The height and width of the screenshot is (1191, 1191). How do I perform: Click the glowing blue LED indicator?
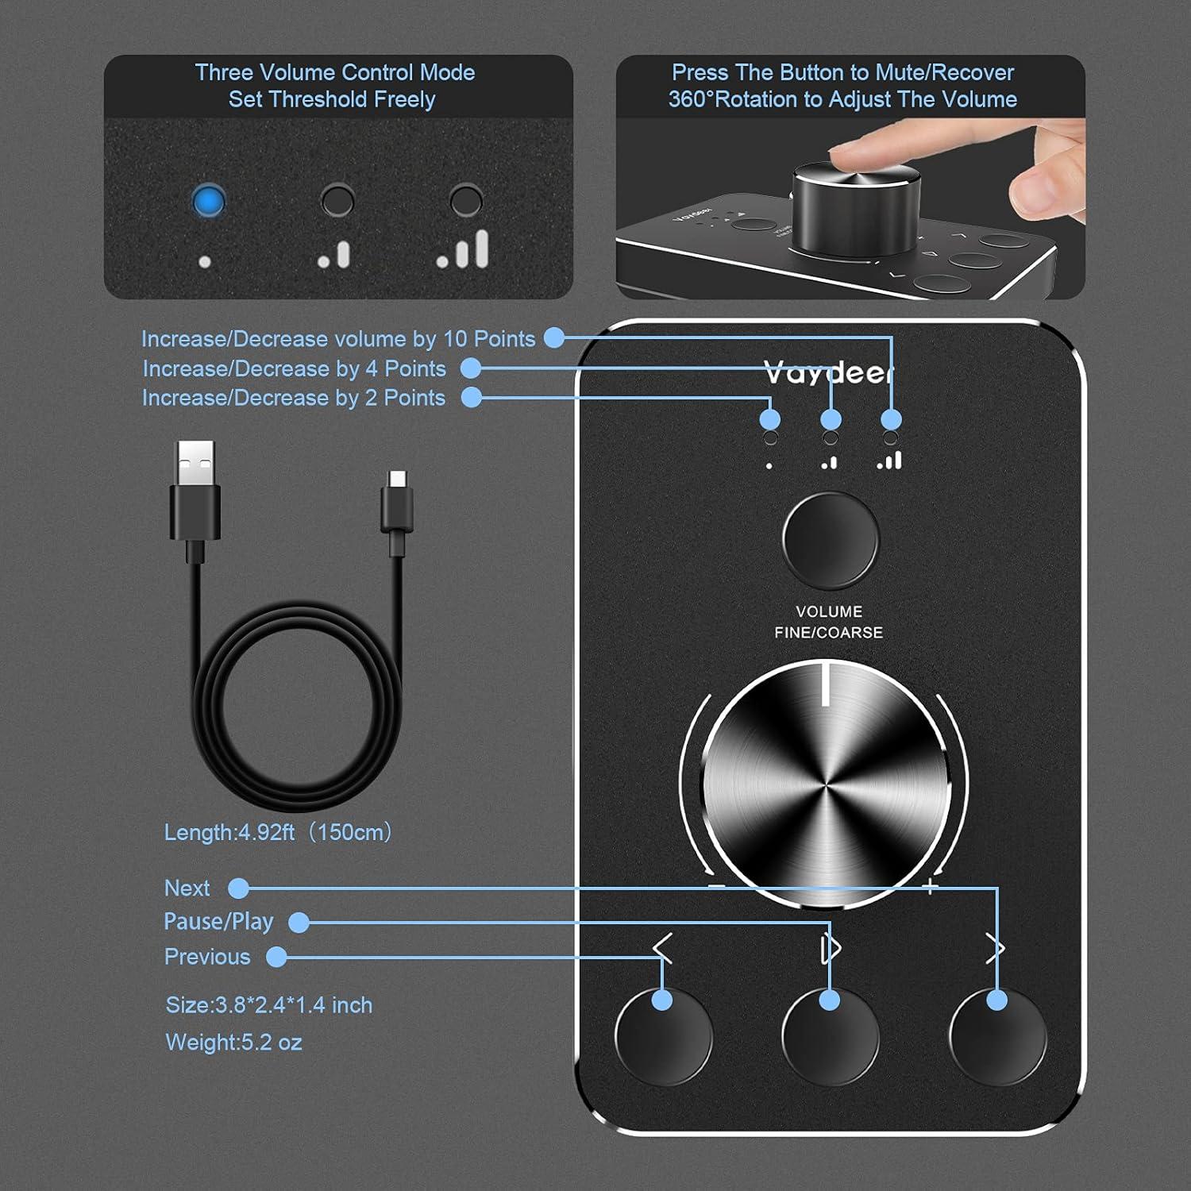[208, 202]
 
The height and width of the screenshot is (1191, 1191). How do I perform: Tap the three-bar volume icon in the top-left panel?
[464, 249]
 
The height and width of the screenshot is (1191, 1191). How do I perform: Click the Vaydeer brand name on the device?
[828, 372]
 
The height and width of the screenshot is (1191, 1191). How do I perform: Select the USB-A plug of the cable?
[195, 492]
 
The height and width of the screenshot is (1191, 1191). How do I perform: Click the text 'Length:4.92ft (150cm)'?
[278, 832]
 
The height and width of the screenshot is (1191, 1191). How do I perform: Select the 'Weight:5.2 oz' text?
[233, 1042]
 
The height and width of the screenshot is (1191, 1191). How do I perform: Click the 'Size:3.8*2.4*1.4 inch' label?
[268, 1005]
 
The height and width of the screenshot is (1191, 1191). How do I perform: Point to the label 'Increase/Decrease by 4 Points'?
[294, 368]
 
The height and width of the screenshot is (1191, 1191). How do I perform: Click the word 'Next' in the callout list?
[187, 888]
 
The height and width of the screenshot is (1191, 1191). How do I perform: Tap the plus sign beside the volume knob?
[931, 887]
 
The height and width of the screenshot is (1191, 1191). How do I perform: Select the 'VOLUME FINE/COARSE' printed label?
[828, 622]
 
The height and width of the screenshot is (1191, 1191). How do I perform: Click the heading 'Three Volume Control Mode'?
[334, 72]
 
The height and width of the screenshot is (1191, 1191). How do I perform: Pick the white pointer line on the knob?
[826, 685]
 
